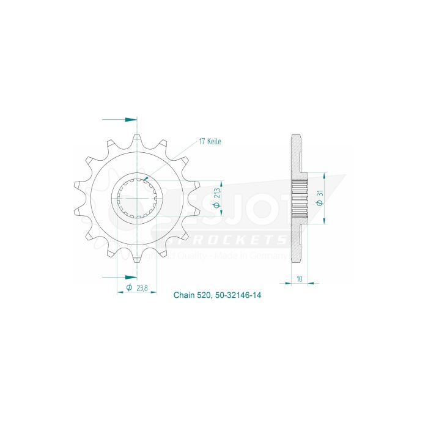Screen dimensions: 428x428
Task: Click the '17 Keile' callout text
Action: pos(210,141)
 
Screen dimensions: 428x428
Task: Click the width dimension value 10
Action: pos(299,278)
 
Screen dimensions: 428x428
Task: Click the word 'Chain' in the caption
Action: pos(183,295)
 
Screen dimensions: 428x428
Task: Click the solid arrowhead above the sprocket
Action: pos(130,119)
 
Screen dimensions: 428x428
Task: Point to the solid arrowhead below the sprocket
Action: pos(130,276)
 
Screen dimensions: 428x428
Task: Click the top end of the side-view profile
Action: pos(296,136)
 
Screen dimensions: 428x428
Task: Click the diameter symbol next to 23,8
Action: pos(129,287)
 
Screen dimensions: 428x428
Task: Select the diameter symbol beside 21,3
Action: pos(217,207)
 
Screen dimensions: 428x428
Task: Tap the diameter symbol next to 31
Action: pos(320,205)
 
